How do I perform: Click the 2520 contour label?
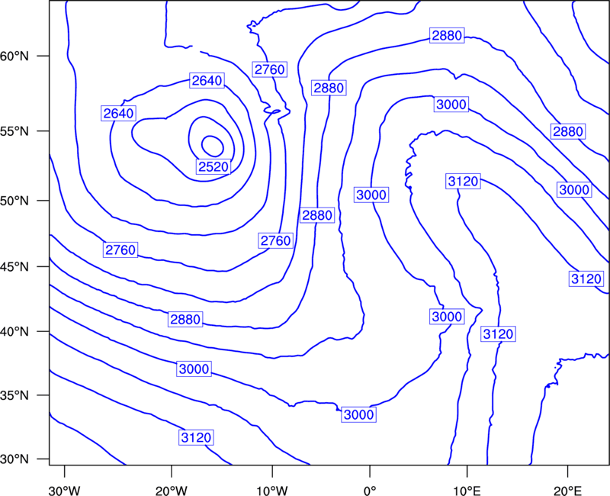(213, 166)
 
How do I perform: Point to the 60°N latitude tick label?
(14, 56)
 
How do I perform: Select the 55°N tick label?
(14, 130)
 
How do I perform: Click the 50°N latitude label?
(14, 201)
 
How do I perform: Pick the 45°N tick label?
(14, 266)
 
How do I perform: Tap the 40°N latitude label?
(14, 331)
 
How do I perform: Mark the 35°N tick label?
(14, 395)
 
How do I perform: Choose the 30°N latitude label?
(14, 459)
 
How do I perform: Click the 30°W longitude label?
(65, 491)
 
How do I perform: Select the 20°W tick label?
(171, 491)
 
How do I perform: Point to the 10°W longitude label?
(271, 491)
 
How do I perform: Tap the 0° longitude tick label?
(370, 491)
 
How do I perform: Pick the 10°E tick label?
(467, 491)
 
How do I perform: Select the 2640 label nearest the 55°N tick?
(118, 113)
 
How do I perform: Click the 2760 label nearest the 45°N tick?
(120, 250)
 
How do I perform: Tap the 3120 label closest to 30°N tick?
(196, 437)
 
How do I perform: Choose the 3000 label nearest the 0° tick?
(358, 414)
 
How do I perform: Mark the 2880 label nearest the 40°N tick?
(185, 319)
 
